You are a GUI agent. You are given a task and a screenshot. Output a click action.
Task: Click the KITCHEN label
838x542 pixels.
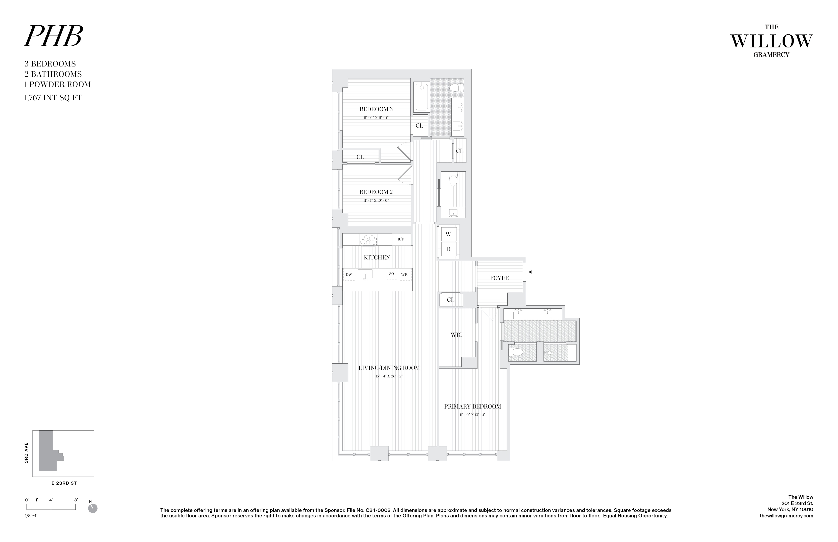pyautogui.click(x=377, y=257)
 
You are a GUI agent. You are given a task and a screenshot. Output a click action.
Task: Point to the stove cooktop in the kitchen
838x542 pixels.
pyautogui.click(x=368, y=240)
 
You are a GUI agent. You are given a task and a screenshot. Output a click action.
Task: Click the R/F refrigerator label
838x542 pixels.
pyautogui.click(x=401, y=239)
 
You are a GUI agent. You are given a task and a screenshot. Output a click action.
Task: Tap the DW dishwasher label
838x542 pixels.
pyautogui.click(x=348, y=275)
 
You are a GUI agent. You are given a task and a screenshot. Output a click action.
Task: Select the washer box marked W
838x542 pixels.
pyautogui.click(x=448, y=234)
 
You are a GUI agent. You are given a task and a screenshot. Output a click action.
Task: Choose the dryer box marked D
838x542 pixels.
pyautogui.click(x=448, y=249)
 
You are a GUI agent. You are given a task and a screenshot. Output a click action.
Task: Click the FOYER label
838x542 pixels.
pyautogui.click(x=499, y=278)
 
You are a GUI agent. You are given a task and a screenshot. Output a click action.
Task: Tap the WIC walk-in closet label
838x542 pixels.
pyautogui.click(x=456, y=335)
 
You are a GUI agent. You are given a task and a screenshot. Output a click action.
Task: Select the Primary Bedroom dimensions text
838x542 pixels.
pyautogui.click(x=472, y=415)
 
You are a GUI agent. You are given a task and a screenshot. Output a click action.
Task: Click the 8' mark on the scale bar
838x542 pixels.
pyautogui.click(x=76, y=500)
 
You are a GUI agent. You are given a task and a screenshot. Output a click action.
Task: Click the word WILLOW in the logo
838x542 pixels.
pyautogui.click(x=771, y=42)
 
